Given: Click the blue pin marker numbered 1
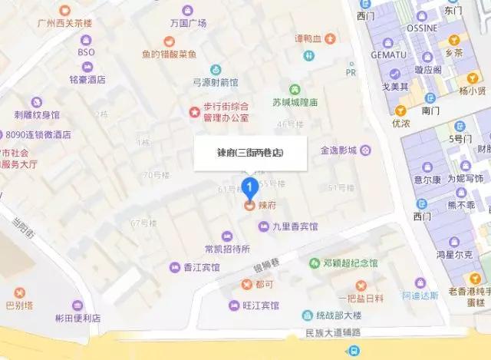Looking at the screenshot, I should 249,185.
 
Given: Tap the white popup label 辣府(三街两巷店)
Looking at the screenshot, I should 250,153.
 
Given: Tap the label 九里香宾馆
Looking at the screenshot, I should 295,226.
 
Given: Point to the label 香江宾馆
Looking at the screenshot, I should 201,267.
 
